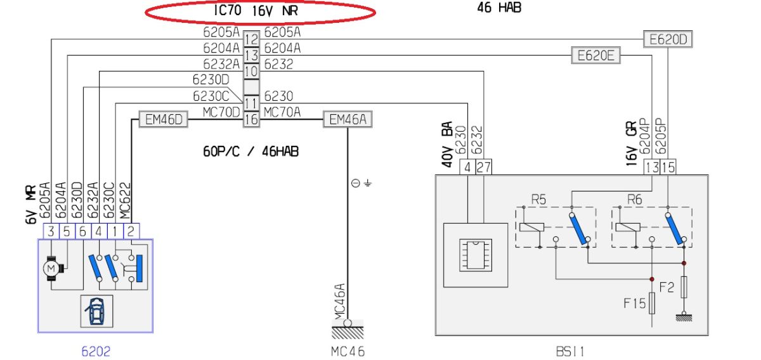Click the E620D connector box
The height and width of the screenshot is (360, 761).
pos(668,39)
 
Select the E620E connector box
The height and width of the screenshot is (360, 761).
pos(596,55)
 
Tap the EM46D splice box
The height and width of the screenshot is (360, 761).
pos(164,119)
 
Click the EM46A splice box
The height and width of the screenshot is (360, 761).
pos(348,119)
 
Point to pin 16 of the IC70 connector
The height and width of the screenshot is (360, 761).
pos(251,120)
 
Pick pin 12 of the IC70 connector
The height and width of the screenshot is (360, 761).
pos(251,39)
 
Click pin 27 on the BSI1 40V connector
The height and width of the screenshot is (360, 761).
pos(483,167)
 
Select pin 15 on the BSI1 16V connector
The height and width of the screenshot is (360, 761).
pos(668,167)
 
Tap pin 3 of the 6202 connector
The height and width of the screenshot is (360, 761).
pos(51,231)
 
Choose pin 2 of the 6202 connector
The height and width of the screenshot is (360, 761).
pos(131,231)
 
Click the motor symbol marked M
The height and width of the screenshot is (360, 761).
pos(51,269)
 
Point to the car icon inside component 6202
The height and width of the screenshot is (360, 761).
pos(97,311)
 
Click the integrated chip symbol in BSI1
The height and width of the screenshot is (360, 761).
pos(476,255)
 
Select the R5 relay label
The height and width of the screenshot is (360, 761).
pos(538,200)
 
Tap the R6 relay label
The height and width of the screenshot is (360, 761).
pos(635,200)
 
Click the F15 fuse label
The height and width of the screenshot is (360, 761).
pos(635,304)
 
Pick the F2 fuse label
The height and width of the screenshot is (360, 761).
pos(667,287)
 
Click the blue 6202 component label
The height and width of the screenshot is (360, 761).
pos(96,351)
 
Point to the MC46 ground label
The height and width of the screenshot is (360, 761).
pos(348,352)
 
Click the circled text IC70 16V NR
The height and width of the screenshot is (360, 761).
pos(256,11)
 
